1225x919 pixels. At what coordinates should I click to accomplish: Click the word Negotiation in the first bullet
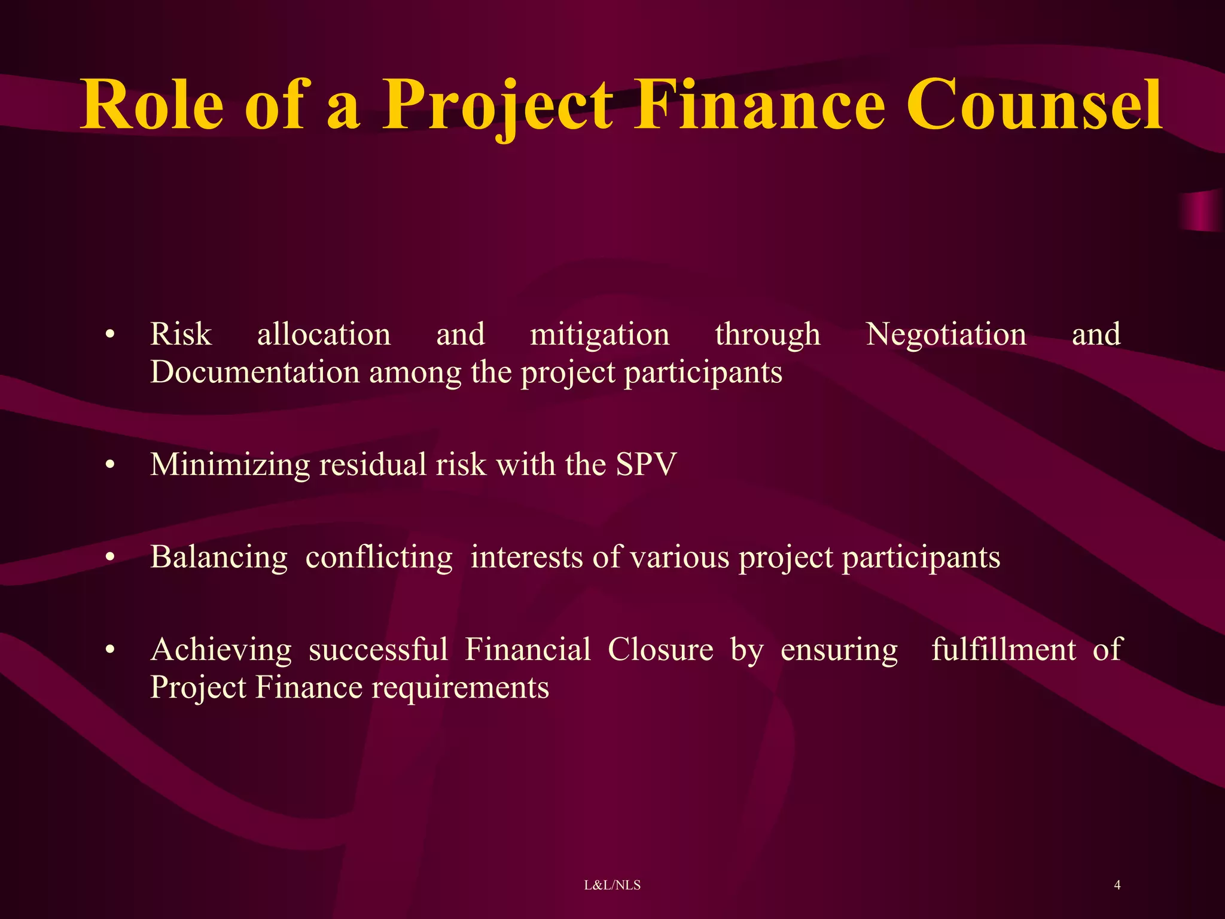pos(946,334)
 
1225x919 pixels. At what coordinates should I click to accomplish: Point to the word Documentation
pos(255,372)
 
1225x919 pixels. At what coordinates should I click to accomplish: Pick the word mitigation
pos(599,335)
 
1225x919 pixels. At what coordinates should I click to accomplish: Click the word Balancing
pos(219,558)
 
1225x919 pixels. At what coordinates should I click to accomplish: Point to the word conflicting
pos(379,558)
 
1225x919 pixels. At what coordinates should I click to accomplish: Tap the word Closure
pos(660,649)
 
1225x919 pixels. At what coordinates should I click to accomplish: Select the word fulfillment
pos(1003,649)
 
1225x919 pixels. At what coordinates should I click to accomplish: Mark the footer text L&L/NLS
pos(612,885)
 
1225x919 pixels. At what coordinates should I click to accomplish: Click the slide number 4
pos(1117,885)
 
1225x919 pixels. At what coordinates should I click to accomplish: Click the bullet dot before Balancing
pos(109,558)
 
